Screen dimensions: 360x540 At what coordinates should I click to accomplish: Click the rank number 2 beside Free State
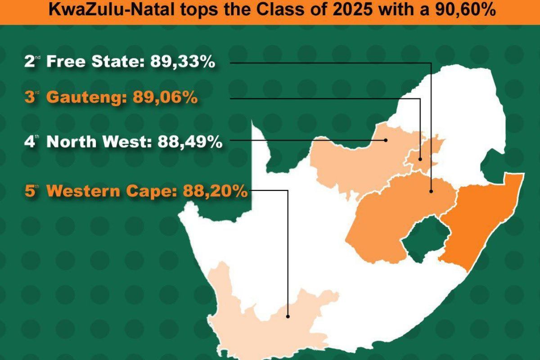[x=30, y=63]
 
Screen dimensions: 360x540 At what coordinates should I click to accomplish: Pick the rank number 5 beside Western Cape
[x=30, y=191]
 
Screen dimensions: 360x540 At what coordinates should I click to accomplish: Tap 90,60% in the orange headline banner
[x=469, y=10]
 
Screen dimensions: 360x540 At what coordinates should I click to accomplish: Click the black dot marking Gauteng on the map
[x=420, y=159]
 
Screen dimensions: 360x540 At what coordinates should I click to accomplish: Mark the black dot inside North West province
[x=386, y=140]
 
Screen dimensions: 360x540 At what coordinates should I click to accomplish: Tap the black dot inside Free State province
[x=431, y=192]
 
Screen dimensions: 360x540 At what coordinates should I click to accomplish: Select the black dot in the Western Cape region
[x=288, y=316]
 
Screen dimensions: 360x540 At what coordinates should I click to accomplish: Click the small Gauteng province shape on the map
[x=427, y=151]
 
